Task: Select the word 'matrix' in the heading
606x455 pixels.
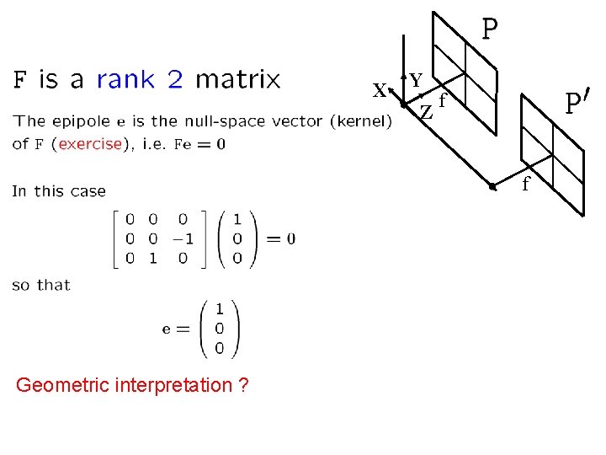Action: [x=237, y=80]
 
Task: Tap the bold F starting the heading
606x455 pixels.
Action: [x=21, y=80]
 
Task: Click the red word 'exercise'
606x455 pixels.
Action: [x=89, y=144]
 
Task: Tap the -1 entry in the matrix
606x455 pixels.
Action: [x=182, y=238]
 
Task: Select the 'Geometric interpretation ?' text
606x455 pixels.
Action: [x=132, y=386]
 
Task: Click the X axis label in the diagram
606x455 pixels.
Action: [x=380, y=91]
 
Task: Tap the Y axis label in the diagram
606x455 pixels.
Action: [x=416, y=80]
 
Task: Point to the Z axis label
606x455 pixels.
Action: [x=427, y=111]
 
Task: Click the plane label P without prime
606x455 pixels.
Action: [x=489, y=29]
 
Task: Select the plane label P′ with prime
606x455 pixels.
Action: [x=576, y=104]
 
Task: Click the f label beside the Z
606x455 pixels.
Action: [x=442, y=99]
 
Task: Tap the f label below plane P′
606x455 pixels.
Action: [x=526, y=184]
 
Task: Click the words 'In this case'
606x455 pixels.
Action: [x=59, y=191]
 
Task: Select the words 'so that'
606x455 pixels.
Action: [x=41, y=285]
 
